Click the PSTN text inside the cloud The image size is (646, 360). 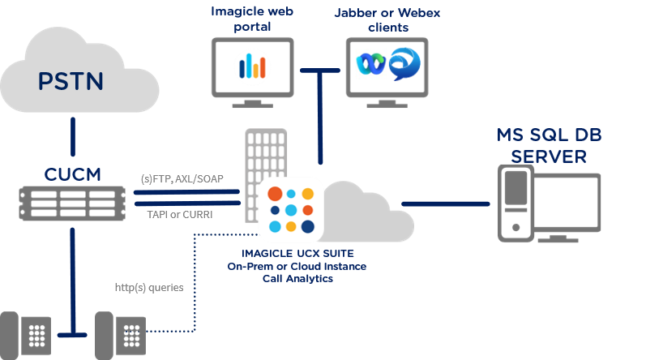coord(73,82)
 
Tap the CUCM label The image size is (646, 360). coord(72,174)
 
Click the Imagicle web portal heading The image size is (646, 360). coord(252,19)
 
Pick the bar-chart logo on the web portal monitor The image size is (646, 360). coord(252,66)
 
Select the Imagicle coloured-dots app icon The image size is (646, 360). coord(291,209)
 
